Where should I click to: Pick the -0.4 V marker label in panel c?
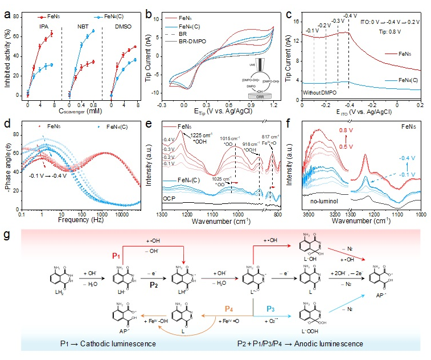pyautogui.click(x=351, y=15)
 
